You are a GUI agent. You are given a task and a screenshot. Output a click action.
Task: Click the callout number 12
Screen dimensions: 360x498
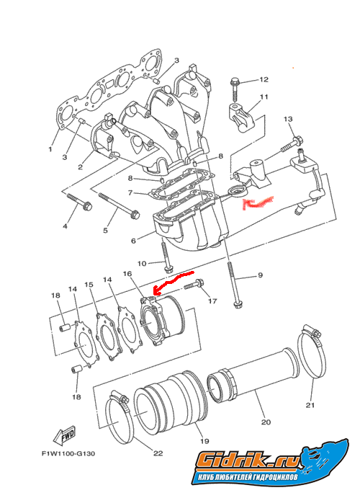click(264, 79)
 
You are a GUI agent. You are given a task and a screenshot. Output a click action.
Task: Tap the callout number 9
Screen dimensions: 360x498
click(260, 275)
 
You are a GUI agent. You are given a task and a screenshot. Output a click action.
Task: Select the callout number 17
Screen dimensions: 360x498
click(212, 301)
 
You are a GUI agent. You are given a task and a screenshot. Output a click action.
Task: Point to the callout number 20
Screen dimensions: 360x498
click(266, 422)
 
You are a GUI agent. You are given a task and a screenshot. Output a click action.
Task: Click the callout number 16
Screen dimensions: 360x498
click(127, 273)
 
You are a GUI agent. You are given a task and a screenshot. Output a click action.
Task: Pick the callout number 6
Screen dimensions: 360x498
click(133, 241)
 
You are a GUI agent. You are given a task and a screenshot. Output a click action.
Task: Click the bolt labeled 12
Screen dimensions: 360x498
click(235, 91)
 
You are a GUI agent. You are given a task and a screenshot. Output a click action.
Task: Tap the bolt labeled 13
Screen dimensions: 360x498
click(292, 144)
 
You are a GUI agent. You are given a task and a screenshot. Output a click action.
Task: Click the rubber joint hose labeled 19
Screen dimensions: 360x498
click(171, 401)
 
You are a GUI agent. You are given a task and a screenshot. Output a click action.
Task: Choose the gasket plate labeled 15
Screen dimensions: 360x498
click(108, 337)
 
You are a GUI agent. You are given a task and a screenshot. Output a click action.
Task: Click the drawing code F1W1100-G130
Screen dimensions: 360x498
click(68, 453)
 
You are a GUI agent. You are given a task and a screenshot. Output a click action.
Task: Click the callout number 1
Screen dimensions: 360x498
click(50, 149)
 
